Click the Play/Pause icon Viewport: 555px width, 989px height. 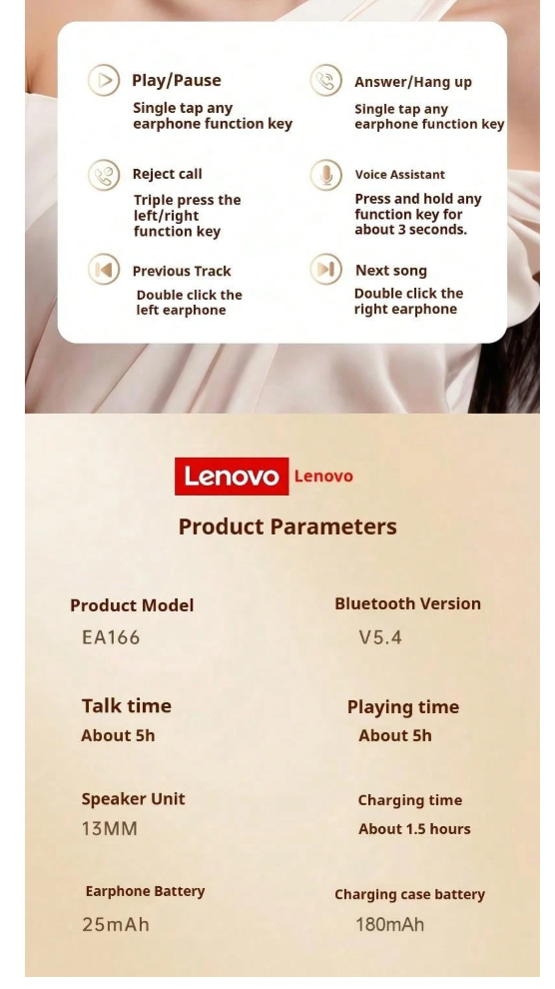[x=104, y=80]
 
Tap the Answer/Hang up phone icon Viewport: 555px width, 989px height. [x=325, y=81]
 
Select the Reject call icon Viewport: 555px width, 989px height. [x=104, y=175]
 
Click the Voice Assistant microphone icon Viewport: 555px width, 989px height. [x=325, y=175]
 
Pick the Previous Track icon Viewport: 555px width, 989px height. [x=104, y=270]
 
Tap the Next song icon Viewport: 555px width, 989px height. [x=325, y=270]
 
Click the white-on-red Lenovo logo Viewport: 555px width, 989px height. [x=232, y=477]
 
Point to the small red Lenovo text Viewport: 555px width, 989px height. [x=323, y=477]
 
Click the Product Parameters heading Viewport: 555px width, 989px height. [x=287, y=526]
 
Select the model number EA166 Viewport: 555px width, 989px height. [x=111, y=637]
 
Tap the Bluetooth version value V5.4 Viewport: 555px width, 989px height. [x=380, y=637]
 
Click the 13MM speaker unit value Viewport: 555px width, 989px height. [x=110, y=828]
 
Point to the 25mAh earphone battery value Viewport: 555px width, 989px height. [x=116, y=925]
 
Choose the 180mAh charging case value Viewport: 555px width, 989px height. [x=390, y=925]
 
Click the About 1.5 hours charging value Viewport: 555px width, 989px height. [x=414, y=829]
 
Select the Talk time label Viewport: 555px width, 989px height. [x=126, y=706]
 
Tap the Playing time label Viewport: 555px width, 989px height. [x=403, y=707]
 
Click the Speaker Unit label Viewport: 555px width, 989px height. [x=133, y=799]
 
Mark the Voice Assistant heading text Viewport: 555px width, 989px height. [x=399, y=175]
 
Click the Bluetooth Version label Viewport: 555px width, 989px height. [x=407, y=603]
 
